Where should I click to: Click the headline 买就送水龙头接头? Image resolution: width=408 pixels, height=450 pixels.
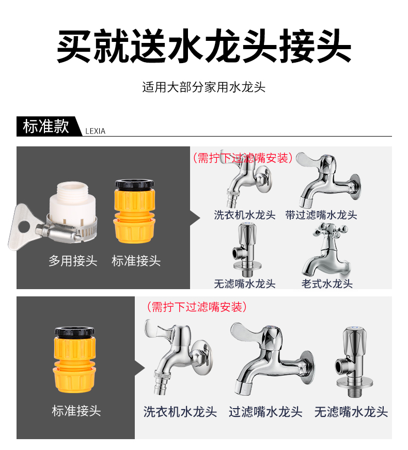pos(204,46)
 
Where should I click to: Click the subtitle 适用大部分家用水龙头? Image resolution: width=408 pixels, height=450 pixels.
pos(203,87)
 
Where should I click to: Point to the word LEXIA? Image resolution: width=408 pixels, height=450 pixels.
pos(96,131)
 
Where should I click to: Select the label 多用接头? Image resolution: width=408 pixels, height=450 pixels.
pos(73,261)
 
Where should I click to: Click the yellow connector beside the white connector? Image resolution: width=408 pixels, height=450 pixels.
pos(135,212)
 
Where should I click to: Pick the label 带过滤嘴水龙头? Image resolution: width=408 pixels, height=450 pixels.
pos(321,215)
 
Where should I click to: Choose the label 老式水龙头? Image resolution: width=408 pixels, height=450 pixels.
pos(327,284)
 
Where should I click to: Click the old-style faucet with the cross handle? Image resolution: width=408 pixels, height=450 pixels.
pos(326,249)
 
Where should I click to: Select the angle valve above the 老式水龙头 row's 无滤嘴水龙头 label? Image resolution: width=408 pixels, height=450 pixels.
pos(246,249)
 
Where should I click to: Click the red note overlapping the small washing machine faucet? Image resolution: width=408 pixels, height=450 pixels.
pos(242,158)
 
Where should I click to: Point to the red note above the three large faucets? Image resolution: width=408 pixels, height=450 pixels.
pos(197,307)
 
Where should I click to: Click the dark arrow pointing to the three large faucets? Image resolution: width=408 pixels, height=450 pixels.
pos(140,368)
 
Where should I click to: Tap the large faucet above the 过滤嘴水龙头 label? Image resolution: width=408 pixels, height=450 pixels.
pos(272,359)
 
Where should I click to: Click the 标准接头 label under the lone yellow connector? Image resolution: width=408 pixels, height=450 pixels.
pos(76,411)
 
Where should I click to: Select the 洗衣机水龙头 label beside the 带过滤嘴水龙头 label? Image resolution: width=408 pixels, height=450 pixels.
pos(245,215)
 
